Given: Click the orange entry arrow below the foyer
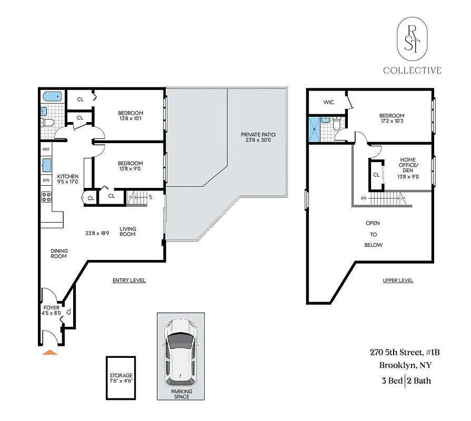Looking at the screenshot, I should tap(50, 352).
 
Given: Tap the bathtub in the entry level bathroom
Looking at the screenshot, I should tap(52, 97).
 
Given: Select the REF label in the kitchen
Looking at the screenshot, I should tap(47, 149).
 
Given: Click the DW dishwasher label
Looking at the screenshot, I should tap(46, 180).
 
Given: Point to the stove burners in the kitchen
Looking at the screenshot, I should tap(46, 197).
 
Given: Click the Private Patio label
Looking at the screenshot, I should tap(258, 137).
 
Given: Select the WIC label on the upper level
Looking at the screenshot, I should tap(329, 102).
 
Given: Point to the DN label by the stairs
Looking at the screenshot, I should tap(364, 198).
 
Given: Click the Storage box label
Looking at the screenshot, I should tap(121, 378).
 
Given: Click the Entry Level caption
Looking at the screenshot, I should tap(129, 280).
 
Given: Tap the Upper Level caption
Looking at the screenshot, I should tap(398, 280).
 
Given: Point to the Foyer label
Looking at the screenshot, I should tap(51, 310).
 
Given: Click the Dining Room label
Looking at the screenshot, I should tap(58, 253).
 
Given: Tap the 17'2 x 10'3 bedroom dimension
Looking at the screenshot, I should tap(392, 122).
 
